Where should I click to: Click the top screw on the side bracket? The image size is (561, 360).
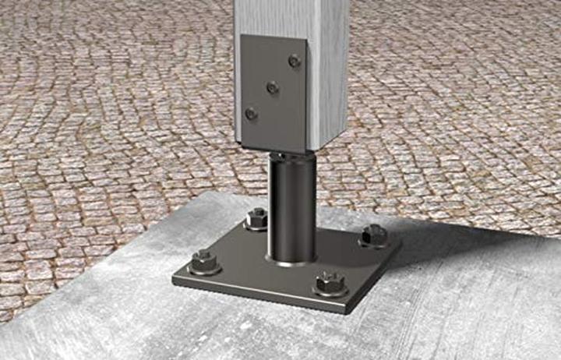(295, 60)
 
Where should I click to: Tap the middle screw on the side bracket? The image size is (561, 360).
(272, 88)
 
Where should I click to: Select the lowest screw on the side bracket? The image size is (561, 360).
(251, 114)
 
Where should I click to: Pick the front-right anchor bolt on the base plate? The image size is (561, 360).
(330, 281)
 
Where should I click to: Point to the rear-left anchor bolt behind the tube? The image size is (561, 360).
(256, 217)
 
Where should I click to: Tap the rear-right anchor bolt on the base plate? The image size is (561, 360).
(375, 234)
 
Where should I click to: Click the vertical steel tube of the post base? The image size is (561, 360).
(292, 206)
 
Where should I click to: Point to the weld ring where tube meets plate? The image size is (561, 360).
(292, 260)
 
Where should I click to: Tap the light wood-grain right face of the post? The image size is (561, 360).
(327, 70)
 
